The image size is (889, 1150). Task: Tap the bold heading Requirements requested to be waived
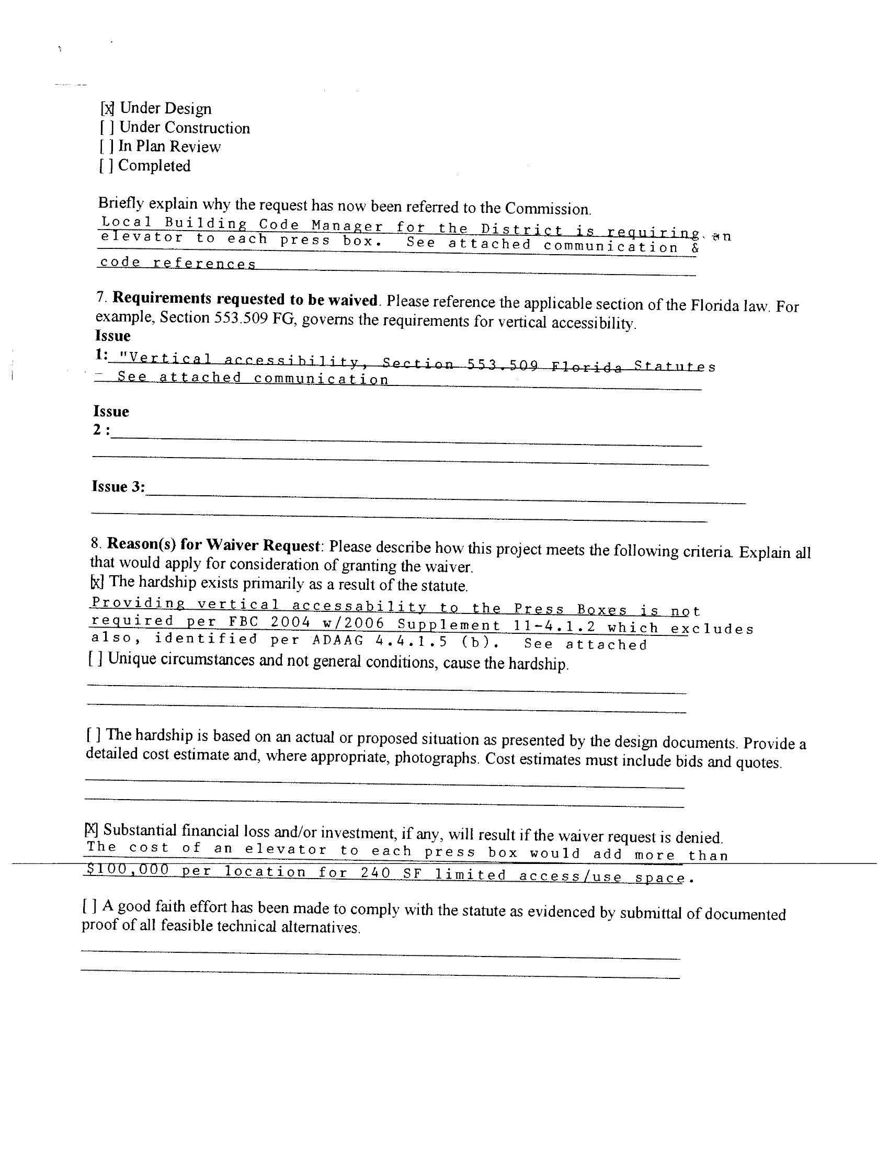[245, 299]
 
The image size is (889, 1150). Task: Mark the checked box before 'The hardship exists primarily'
[97, 582]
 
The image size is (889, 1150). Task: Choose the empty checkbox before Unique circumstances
[95, 659]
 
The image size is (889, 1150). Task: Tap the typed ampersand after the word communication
[694, 248]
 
